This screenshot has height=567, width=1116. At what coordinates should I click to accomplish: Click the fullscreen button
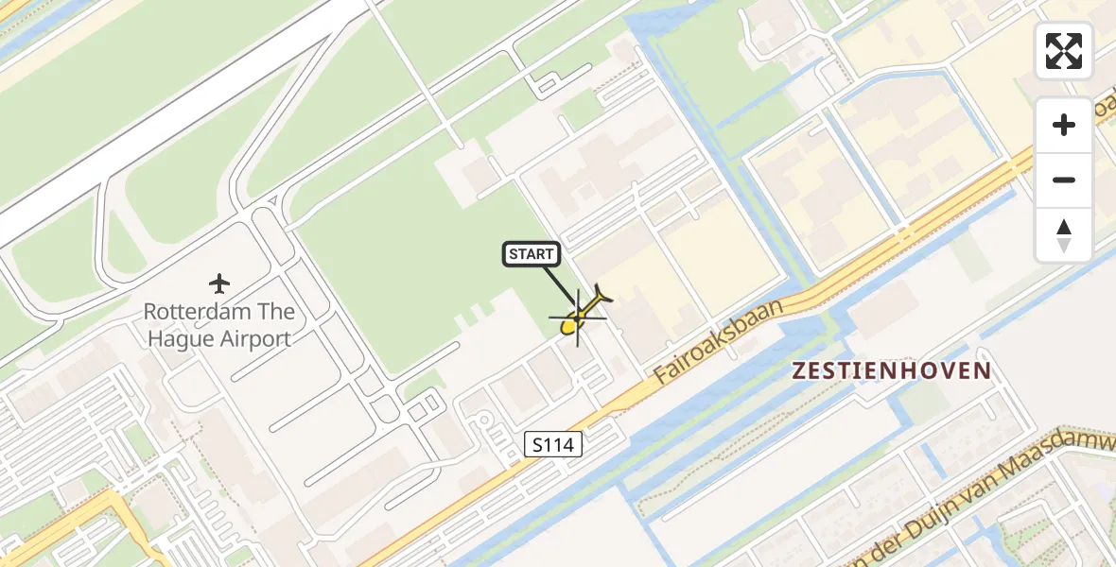tap(1064, 51)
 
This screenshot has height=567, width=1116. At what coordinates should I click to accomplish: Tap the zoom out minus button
tap(1064, 180)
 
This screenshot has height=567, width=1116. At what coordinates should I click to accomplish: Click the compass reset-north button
tap(1064, 234)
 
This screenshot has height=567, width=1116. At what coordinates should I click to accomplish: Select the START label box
tap(531, 253)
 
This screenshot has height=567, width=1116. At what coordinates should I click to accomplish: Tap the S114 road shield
tap(552, 444)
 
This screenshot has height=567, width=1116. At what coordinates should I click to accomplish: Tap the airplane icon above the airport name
tap(219, 283)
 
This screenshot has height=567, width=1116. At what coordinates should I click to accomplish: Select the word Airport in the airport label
tap(255, 338)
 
